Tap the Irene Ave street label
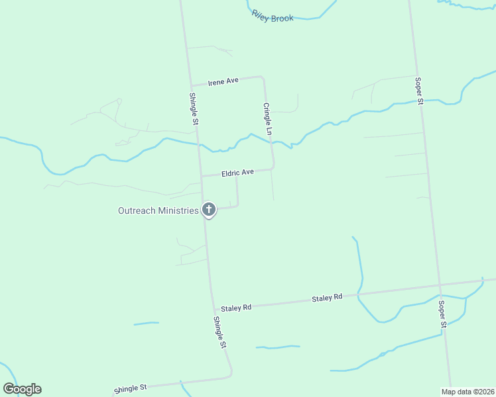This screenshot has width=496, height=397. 223,82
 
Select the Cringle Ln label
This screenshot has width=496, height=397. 268,120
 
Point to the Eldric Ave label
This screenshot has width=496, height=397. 238,173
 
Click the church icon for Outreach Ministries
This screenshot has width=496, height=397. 208,210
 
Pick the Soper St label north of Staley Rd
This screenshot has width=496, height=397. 419,91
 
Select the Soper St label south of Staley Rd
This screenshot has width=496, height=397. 442,315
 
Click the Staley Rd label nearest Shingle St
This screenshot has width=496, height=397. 237,308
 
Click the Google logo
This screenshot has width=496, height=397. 22,389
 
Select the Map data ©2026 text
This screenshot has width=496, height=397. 467,392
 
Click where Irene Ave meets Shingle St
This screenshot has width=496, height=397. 191,86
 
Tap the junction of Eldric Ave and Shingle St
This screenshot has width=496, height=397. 201,177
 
